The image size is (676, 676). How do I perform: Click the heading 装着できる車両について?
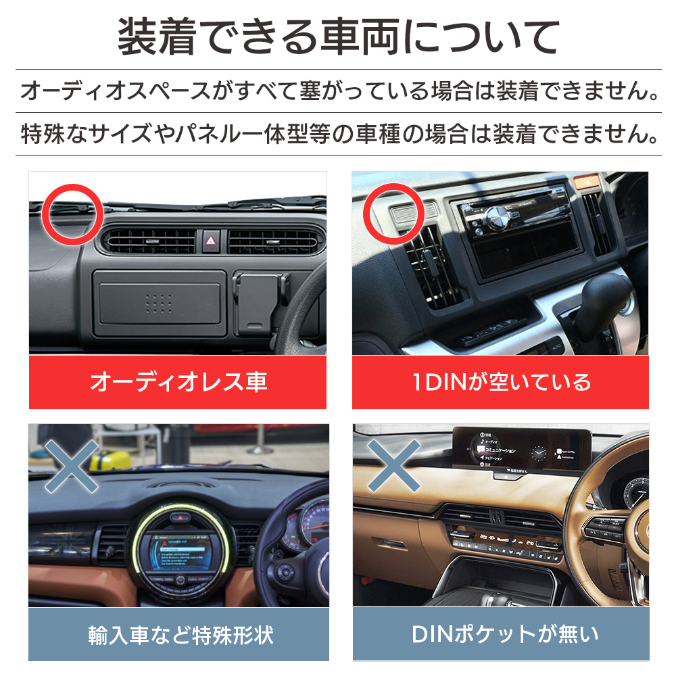338,37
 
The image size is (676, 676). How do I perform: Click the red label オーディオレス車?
178,382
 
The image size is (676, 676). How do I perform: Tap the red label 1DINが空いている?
501,382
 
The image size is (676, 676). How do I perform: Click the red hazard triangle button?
211,240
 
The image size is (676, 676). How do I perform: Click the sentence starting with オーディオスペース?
338,91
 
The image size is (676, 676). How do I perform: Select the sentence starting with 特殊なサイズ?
338,133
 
